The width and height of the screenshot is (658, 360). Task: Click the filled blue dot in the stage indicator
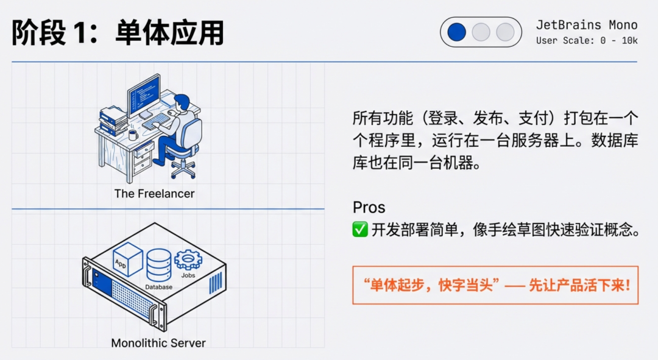coord(456,32)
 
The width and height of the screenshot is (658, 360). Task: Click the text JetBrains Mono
coord(587,25)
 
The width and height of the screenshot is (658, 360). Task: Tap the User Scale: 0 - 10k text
coord(587,41)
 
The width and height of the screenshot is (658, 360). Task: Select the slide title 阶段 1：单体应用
coord(118,32)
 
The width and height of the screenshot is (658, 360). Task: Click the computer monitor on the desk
coord(144,94)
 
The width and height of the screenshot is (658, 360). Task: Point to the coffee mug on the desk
coord(133,135)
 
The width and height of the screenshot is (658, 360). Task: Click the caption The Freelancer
coord(154,194)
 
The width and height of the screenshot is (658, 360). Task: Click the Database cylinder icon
coord(160,264)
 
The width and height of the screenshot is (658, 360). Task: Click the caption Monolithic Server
coord(158,343)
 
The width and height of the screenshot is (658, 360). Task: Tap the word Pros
coord(369,207)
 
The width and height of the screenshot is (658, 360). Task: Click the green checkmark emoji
coord(360,230)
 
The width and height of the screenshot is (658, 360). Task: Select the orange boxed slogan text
coord(495,285)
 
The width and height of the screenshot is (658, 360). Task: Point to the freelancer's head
coord(182,102)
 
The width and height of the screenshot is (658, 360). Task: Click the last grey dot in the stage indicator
coord(505,32)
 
